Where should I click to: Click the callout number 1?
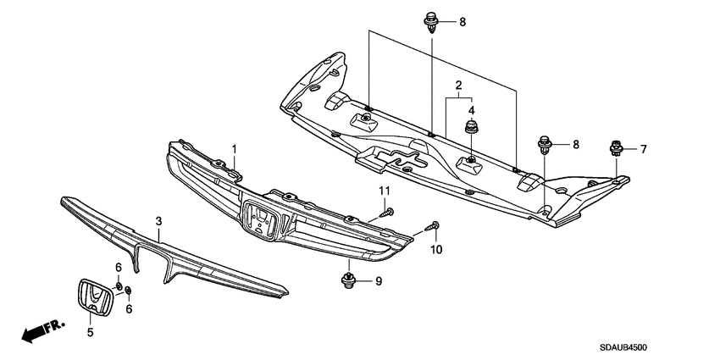click(235, 150)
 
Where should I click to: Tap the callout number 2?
click(457, 86)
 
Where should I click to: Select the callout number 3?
click(158, 221)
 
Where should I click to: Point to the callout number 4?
click(472, 110)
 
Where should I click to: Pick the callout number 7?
click(643, 150)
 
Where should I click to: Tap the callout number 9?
click(379, 281)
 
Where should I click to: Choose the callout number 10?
click(438, 249)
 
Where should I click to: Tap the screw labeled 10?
click(434, 226)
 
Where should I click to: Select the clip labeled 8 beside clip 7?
click(545, 146)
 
